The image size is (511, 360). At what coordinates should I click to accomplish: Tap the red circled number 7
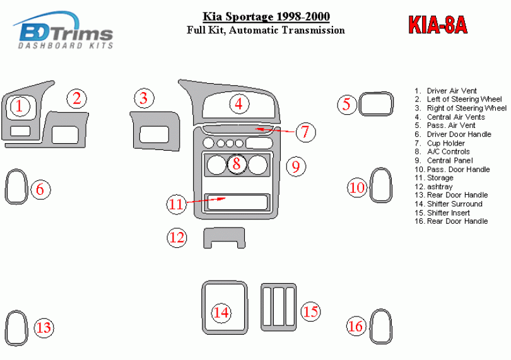coord(305,132)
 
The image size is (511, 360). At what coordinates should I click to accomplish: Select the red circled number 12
coord(177,238)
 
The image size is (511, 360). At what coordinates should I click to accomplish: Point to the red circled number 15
coord(310,311)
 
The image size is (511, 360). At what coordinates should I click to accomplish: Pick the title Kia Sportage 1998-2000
coord(266,16)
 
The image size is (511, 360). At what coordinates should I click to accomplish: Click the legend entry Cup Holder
coord(445,143)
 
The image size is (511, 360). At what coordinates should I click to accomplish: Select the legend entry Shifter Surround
coord(454,204)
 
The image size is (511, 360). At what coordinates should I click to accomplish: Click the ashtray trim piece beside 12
coord(223,238)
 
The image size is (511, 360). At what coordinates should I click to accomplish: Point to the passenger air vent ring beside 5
coord(377,105)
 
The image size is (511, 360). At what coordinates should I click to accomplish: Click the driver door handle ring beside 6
coord(16,187)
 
